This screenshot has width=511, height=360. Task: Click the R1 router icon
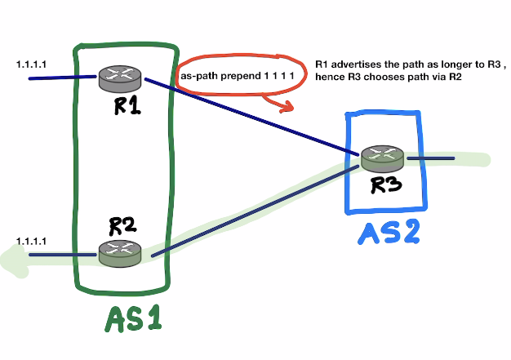click(x=119, y=80)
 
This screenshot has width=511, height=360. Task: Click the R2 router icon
click(x=119, y=253)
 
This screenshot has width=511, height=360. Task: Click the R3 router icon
click(x=381, y=158)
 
